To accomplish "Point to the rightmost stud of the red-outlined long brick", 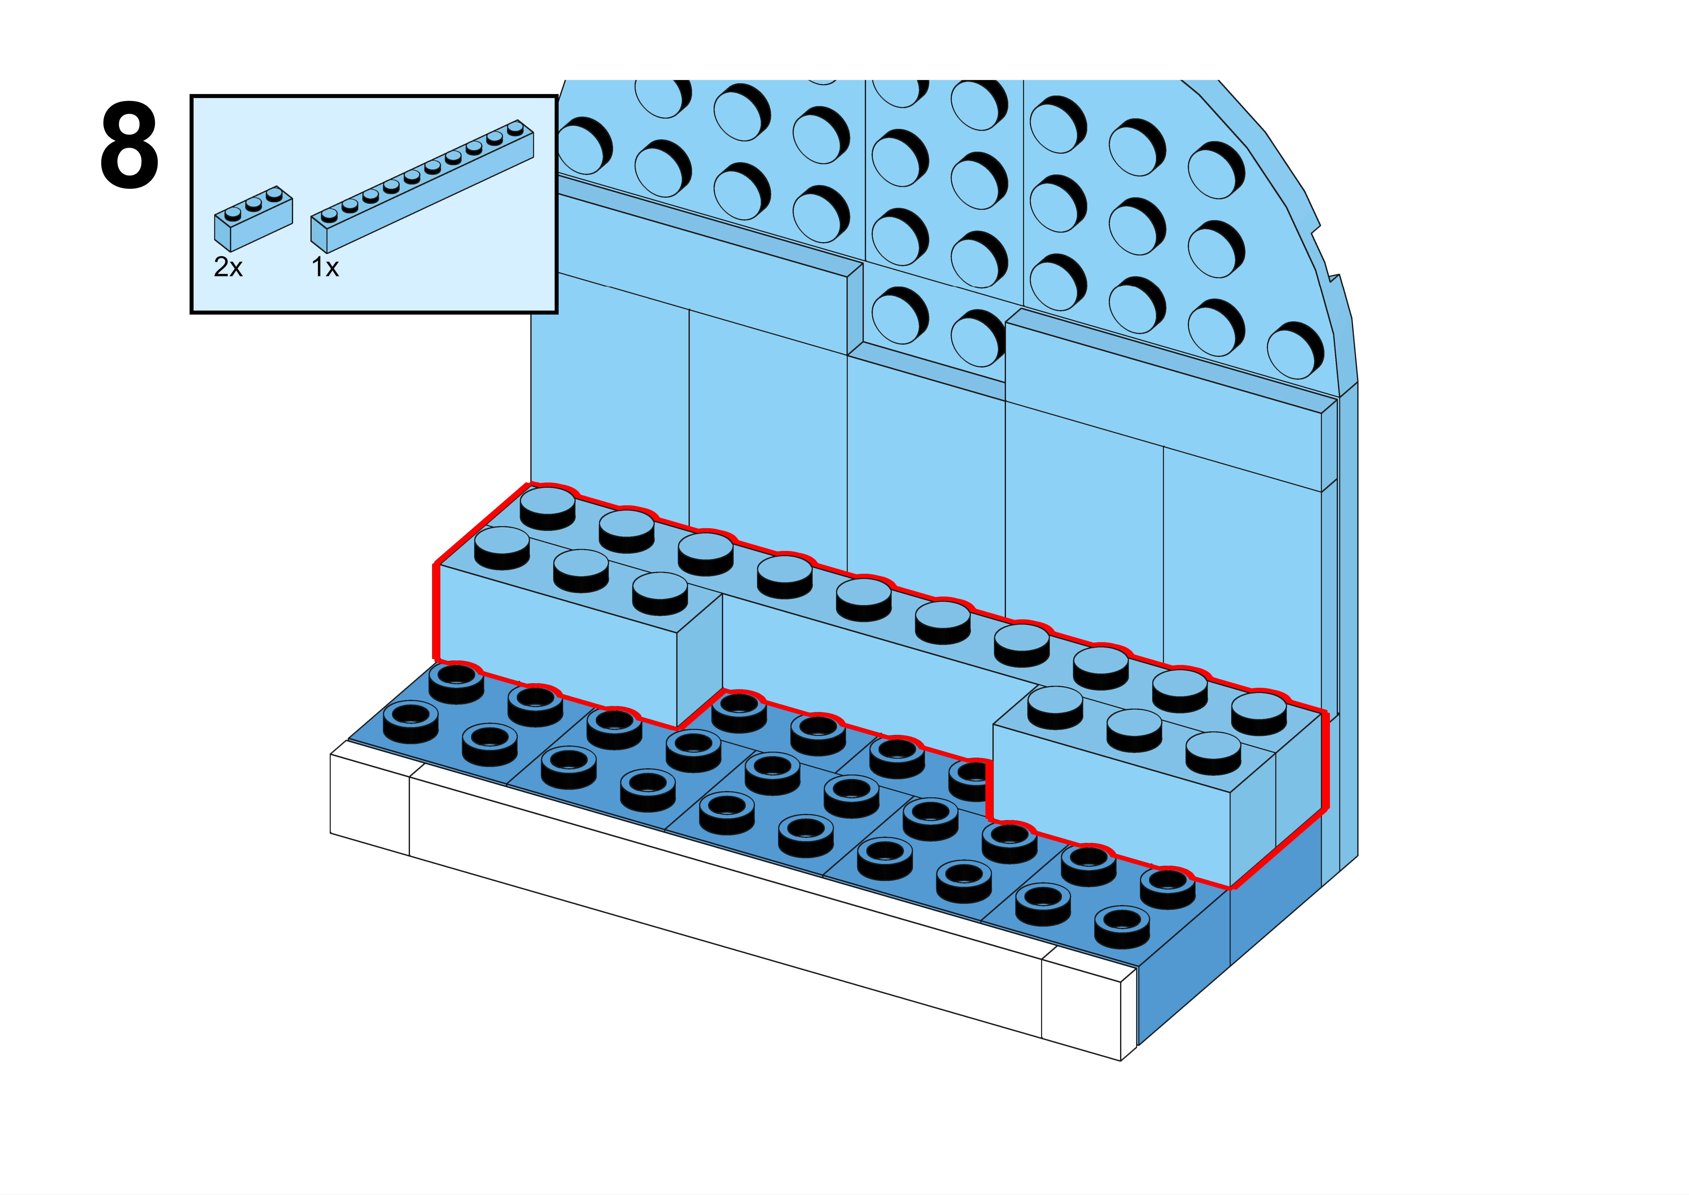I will [x=1259, y=712].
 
